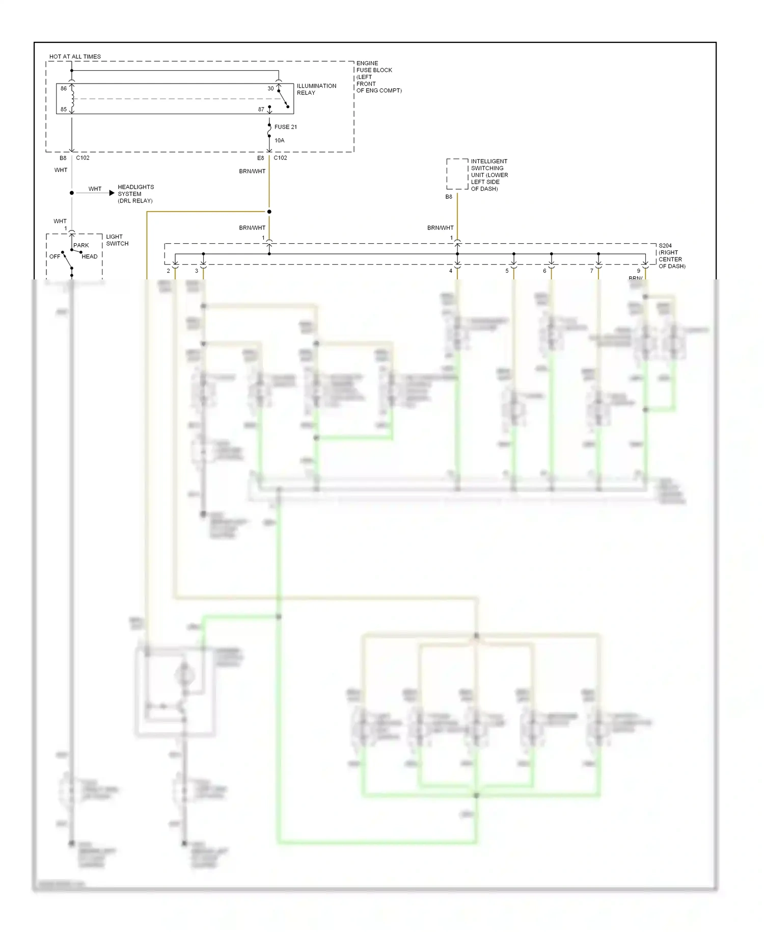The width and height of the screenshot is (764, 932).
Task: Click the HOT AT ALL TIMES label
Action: click(75, 57)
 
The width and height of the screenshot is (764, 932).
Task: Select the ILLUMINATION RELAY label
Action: click(316, 89)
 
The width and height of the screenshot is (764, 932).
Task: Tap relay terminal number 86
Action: click(64, 89)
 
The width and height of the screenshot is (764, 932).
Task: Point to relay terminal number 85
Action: click(64, 109)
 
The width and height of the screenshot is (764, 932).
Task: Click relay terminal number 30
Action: click(270, 89)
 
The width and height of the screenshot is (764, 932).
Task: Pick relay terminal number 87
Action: click(261, 110)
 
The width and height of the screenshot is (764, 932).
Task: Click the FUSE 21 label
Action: click(285, 127)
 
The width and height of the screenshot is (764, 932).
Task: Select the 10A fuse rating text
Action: click(279, 141)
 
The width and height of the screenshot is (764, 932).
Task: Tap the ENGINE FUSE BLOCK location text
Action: click(378, 77)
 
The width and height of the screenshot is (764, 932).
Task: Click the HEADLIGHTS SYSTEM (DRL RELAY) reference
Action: click(135, 194)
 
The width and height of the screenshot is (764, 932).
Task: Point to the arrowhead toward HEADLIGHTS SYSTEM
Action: click(112, 193)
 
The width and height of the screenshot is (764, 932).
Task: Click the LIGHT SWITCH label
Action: click(117, 240)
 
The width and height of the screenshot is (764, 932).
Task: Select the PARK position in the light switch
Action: click(81, 245)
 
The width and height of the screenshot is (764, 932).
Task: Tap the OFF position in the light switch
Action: click(54, 256)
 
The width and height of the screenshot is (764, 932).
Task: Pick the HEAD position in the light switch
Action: click(89, 256)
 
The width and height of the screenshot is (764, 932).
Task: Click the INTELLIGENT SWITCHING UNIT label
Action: click(488, 175)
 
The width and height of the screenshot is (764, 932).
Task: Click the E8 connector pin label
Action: click(260, 158)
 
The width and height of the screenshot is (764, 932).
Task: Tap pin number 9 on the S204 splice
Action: click(638, 271)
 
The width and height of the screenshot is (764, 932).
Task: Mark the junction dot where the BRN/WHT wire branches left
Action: click(269, 212)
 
